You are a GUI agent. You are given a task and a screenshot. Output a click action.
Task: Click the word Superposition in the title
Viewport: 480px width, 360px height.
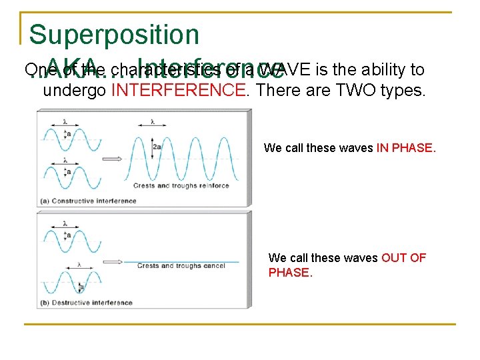click(x=114, y=35)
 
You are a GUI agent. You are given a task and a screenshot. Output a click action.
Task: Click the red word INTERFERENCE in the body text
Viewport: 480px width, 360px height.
click(x=179, y=90)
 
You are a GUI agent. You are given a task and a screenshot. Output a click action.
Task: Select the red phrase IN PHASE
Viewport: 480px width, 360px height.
click(x=406, y=148)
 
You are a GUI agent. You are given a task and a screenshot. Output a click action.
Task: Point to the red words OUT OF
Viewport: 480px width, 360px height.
click(x=403, y=258)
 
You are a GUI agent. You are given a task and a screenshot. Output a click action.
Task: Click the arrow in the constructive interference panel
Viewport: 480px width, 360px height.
click(x=111, y=159)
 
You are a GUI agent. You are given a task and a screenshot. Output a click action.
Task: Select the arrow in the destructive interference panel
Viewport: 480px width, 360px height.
click(x=111, y=263)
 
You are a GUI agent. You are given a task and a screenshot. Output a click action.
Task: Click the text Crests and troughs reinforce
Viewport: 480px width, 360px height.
click(x=181, y=186)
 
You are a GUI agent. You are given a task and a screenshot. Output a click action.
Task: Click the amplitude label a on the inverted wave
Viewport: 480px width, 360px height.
click(x=82, y=287)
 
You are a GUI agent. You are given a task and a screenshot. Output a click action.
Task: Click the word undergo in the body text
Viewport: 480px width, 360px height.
click(x=74, y=90)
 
